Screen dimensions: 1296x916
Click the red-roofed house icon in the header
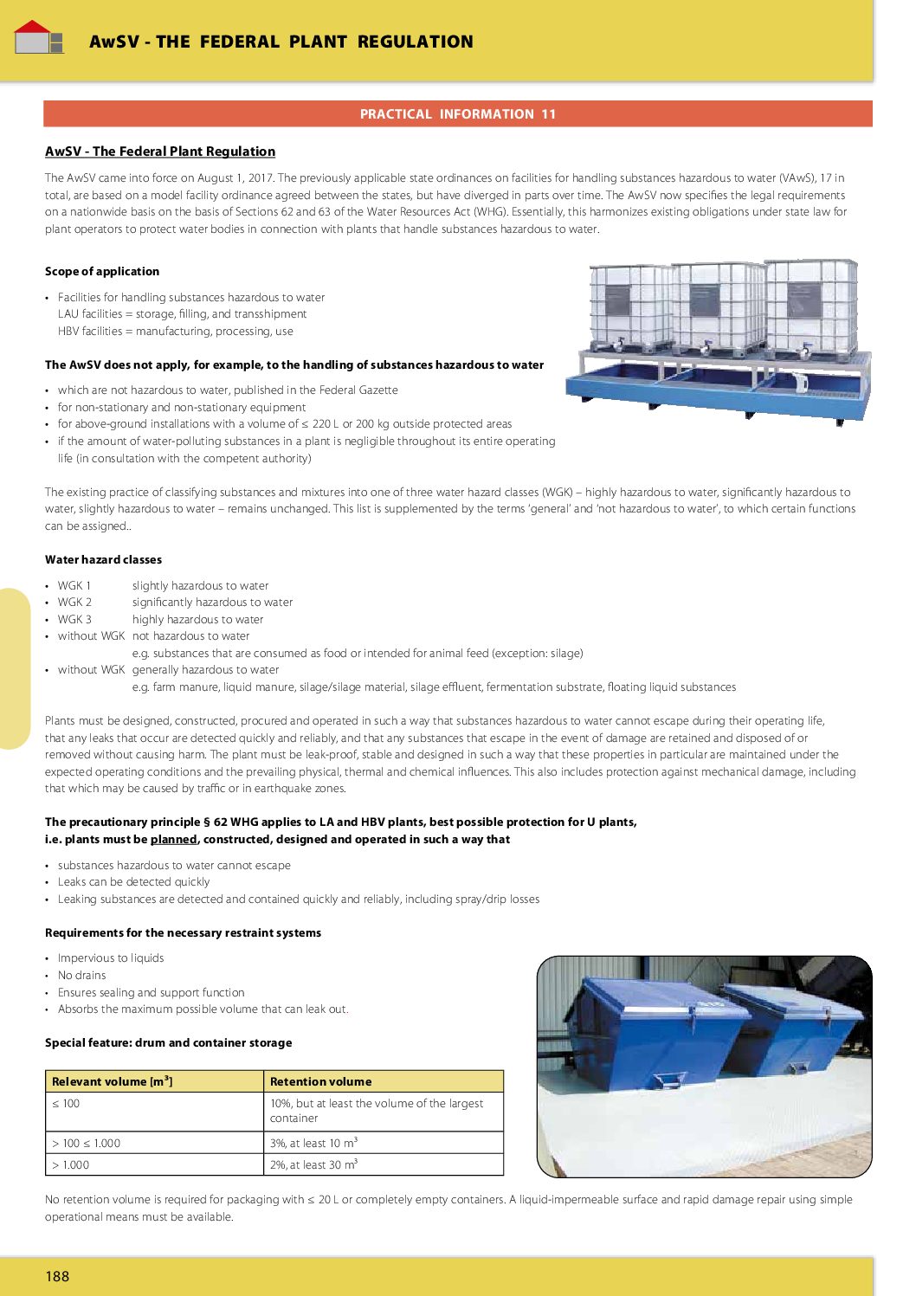click(x=38, y=37)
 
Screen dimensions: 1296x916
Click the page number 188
click(x=57, y=1276)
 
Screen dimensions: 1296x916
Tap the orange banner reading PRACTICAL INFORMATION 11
click(x=457, y=114)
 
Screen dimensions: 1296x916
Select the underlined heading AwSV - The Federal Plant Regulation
click(x=160, y=152)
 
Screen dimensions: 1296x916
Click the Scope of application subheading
click(x=102, y=271)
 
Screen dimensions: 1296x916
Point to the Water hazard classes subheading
click(x=103, y=559)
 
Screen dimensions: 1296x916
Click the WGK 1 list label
click(x=74, y=585)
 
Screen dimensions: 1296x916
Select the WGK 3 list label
click(x=74, y=619)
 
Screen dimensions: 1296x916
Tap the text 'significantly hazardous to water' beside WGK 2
click(x=212, y=602)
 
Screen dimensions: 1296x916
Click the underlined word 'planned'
click(x=173, y=839)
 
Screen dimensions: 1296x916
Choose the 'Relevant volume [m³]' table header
click(x=113, y=1081)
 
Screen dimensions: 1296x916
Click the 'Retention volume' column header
click(x=320, y=1081)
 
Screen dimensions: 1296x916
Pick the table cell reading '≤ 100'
click(x=66, y=1104)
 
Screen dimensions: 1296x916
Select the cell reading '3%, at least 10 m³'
click(x=313, y=1143)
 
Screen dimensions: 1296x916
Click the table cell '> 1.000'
click(x=70, y=1165)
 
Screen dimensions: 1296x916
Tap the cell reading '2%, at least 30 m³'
click(x=313, y=1165)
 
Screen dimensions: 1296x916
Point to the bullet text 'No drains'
click(x=81, y=975)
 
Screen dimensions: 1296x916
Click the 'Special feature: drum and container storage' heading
click(x=168, y=1042)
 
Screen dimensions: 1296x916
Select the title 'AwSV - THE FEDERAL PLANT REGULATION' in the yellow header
click(x=281, y=42)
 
